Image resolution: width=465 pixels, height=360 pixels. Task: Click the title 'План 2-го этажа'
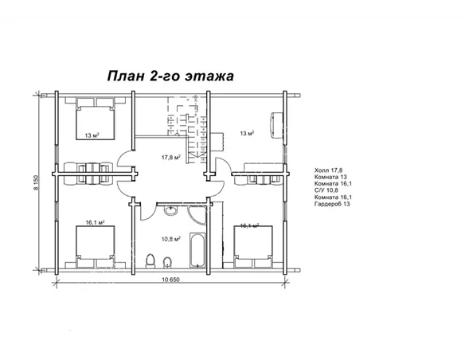(x=170, y=76)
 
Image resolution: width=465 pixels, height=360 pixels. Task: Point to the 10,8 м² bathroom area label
(x=170, y=238)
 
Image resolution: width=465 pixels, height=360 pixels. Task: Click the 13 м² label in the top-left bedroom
(x=92, y=135)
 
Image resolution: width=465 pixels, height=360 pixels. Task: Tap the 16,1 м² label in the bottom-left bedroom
(x=95, y=223)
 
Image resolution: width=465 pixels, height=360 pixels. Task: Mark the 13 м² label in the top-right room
(x=247, y=133)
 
